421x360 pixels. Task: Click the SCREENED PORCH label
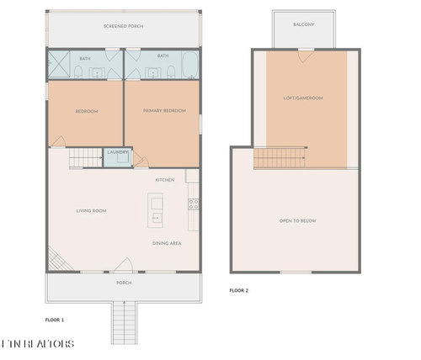tap(123, 27)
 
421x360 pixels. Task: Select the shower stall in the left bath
tap(60, 64)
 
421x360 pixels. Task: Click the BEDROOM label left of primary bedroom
tap(87, 111)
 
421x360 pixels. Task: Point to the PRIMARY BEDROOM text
tap(163, 111)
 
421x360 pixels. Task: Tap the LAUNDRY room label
tap(117, 152)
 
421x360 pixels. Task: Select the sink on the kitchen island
tap(156, 217)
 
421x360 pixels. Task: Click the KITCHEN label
tap(164, 180)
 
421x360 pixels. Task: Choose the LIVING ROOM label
tap(90, 211)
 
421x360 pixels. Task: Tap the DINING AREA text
tap(167, 244)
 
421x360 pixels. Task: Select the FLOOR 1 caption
tap(55, 320)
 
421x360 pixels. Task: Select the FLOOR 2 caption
tap(239, 291)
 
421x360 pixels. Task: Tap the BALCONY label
tap(304, 25)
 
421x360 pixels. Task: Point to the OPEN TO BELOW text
tap(297, 221)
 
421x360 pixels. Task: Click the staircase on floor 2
tap(278, 157)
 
